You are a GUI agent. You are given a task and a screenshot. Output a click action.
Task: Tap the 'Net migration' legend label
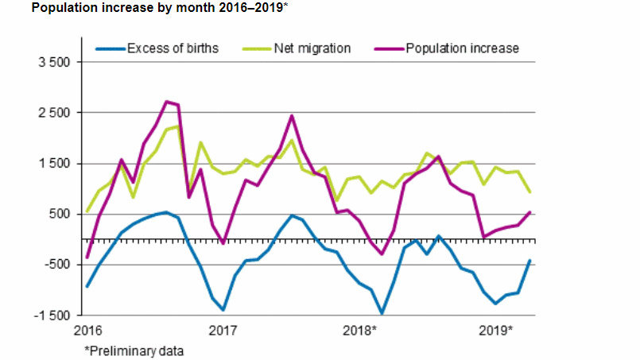click(312, 48)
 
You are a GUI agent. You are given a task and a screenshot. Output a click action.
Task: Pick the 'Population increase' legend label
click(462, 48)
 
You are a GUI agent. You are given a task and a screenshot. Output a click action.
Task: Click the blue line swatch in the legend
click(109, 49)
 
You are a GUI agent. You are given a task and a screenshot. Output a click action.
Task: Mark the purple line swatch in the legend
click(387, 49)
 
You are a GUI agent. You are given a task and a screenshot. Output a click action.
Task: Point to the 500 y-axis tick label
click(60, 215)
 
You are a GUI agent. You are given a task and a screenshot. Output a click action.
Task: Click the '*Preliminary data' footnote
click(135, 349)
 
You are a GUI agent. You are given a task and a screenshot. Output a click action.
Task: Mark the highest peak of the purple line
click(166, 102)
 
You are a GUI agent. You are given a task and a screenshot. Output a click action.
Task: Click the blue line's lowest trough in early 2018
click(382, 313)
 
